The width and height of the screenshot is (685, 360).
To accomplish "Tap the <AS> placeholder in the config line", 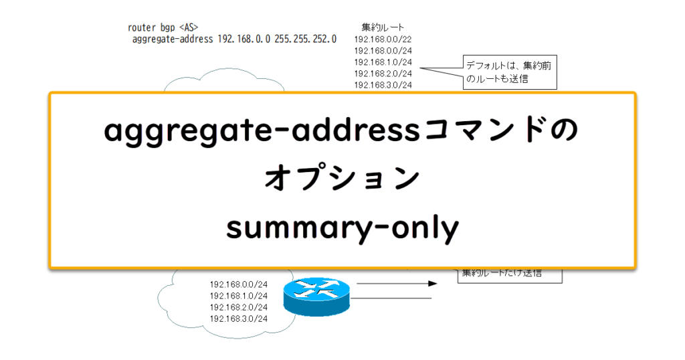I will point(189,28).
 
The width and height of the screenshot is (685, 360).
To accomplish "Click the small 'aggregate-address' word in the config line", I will point(173,39).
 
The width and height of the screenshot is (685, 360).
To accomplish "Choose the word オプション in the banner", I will point(342,180).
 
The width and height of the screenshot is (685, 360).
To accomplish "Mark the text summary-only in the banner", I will point(342,229).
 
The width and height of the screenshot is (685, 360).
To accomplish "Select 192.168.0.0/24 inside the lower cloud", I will point(238,284).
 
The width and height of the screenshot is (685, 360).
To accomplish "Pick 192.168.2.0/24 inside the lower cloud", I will point(238,306).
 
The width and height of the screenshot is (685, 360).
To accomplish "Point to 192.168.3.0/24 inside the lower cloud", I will point(238,318).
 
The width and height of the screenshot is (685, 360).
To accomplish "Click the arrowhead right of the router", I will point(432,284).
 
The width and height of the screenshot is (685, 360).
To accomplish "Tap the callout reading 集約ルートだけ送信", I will point(508,274).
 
